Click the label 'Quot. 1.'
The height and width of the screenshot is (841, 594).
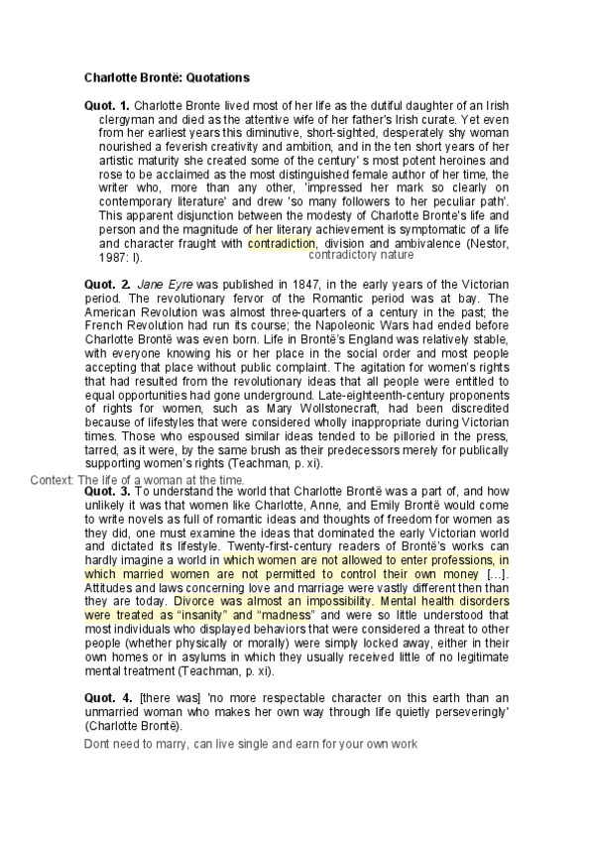click(107, 104)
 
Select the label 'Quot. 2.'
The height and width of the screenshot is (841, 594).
click(107, 284)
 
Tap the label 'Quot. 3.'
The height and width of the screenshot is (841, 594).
click(107, 491)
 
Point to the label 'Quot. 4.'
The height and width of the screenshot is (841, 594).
click(107, 698)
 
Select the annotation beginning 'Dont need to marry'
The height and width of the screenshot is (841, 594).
click(251, 743)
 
